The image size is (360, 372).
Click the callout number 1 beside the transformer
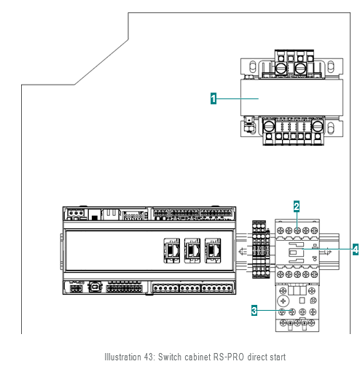[x=214, y=98]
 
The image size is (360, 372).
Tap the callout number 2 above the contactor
[x=297, y=206]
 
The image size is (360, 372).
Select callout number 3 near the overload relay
[x=254, y=310]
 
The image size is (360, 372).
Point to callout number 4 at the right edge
[x=356, y=249]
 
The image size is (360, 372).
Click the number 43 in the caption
[x=149, y=357]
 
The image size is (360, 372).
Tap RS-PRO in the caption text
[x=228, y=357]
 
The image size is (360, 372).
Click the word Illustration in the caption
[x=122, y=357]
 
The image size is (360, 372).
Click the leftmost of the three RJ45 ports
[x=172, y=250]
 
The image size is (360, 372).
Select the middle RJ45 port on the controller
[x=192, y=250]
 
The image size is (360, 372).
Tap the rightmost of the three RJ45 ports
[x=213, y=250]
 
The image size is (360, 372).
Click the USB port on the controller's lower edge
[x=95, y=287]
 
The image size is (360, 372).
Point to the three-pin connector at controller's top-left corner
[x=77, y=213]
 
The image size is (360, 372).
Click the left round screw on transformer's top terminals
[x=281, y=69]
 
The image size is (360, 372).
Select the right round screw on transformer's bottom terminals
[x=317, y=126]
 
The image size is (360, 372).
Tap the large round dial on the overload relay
[x=283, y=301]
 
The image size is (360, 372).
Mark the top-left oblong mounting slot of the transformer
[x=253, y=66]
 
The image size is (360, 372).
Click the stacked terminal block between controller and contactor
[x=261, y=249]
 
